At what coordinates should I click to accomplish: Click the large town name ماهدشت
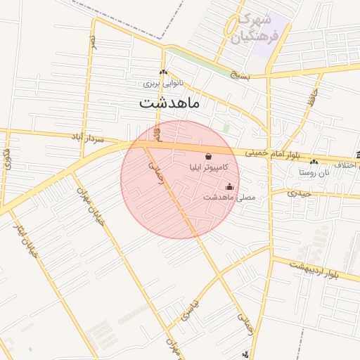pyautogui.click(x=169, y=103)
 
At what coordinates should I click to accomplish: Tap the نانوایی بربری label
pyautogui.click(x=163, y=82)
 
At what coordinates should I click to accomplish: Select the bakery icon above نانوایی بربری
pyautogui.click(x=163, y=72)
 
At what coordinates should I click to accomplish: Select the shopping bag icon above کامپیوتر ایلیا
pyautogui.click(x=209, y=156)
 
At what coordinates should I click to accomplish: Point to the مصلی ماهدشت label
pyautogui.click(x=230, y=197)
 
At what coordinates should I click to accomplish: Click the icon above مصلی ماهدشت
pyautogui.click(x=230, y=186)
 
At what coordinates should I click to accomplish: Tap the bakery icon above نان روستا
pyautogui.click(x=314, y=162)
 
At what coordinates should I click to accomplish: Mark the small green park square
pyautogui.click(x=226, y=128)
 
